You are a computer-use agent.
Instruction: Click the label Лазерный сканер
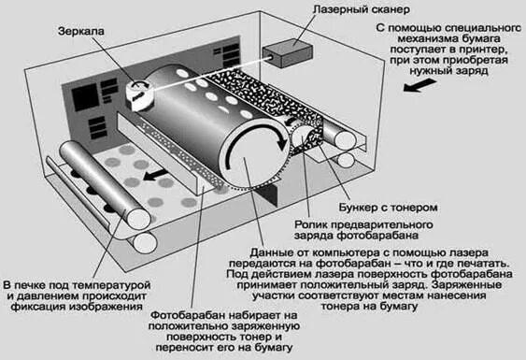coord(361,9)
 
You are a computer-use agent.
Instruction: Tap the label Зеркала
coord(81,31)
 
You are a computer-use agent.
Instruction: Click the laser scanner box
coord(288,53)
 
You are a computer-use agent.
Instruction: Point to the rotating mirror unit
coord(139,95)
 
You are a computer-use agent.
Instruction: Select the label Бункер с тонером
coord(388,208)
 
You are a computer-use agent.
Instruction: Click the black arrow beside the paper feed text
coord(419,86)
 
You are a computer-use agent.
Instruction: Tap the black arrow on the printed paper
coord(155,175)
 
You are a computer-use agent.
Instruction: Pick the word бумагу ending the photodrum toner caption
coord(274,347)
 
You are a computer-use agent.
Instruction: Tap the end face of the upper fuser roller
coord(139,219)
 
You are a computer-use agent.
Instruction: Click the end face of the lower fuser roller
coord(145,243)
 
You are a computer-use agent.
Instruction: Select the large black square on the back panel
coord(86,97)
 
